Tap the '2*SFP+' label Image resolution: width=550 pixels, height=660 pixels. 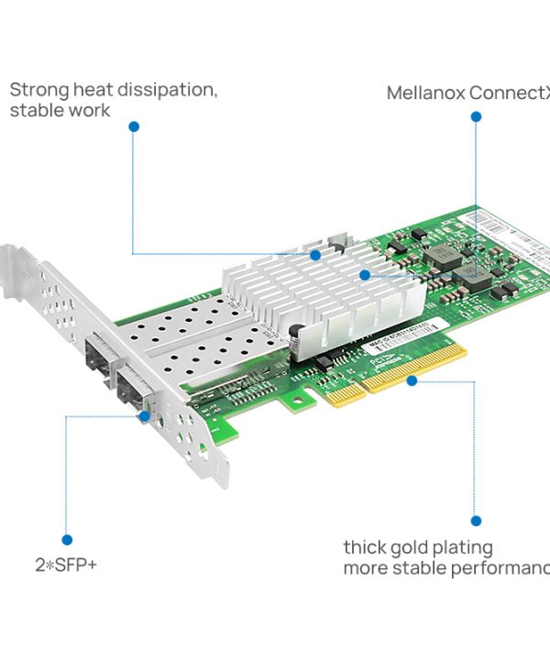pos(66,565)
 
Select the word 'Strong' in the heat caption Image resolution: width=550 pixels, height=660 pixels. pos(38,90)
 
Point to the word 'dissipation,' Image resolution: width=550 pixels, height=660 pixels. pos(175,90)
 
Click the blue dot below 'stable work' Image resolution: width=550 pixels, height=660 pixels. pos(134,126)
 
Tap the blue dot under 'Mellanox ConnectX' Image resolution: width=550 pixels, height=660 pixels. pos(476,116)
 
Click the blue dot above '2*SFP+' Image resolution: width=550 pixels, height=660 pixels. pos(66,540)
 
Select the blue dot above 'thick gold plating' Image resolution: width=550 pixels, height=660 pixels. pos(475,521)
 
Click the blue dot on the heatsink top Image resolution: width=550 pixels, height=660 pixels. pos(314,255)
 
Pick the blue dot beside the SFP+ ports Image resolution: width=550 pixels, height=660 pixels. pos(145,415)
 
